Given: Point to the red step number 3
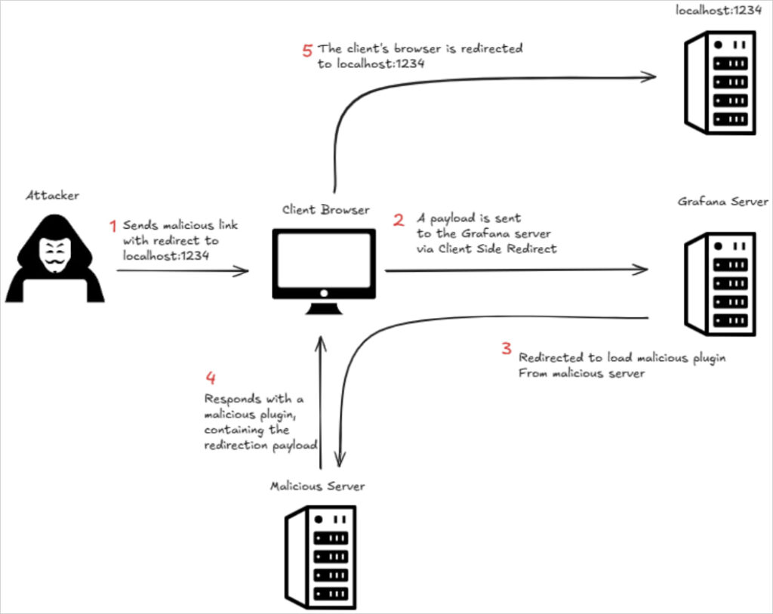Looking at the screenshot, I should (x=507, y=349).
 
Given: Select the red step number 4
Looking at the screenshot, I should (x=211, y=377).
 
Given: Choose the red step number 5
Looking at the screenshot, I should (x=306, y=51).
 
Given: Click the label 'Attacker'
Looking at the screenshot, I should (x=53, y=196).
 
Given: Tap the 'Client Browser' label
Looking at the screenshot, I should (x=327, y=210).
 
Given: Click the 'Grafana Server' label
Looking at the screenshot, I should (x=722, y=202).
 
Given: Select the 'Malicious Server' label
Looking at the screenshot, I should (x=317, y=486).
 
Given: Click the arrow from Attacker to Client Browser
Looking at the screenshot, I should (x=181, y=270).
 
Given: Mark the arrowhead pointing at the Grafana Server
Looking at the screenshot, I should (x=642, y=270).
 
